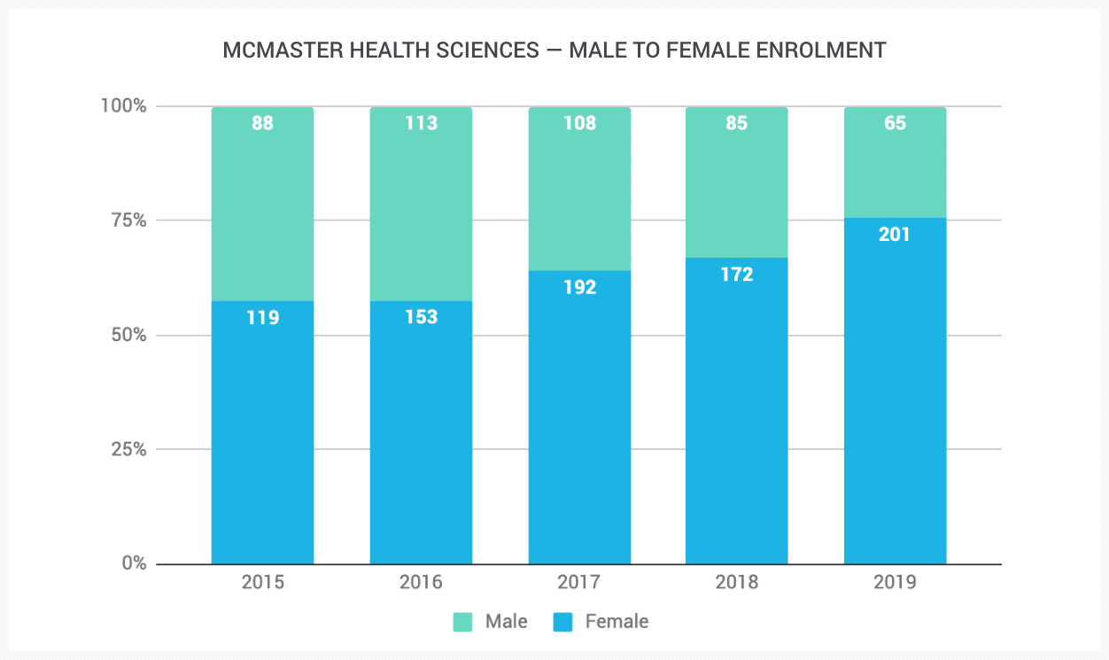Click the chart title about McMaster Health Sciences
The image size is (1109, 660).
[x=554, y=50]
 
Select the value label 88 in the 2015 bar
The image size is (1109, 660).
[x=262, y=123]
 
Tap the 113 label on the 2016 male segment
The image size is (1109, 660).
[x=421, y=123]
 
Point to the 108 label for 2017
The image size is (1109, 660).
[x=579, y=123]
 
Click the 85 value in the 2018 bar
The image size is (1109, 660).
[x=737, y=123]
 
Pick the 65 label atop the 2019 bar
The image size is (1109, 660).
[x=896, y=123]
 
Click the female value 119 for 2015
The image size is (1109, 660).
[x=262, y=317]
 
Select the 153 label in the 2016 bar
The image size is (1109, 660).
[x=421, y=317]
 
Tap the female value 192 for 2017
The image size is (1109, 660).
[x=579, y=287]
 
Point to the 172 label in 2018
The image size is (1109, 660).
[x=737, y=275]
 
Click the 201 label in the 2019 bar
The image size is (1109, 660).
[x=896, y=235]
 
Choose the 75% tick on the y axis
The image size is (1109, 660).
[x=128, y=221]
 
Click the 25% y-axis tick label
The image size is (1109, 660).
[x=128, y=449]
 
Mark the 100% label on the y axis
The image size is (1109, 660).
[x=123, y=106]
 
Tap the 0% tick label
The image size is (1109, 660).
[x=133, y=563]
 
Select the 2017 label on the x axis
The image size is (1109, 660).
[x=579, y=583]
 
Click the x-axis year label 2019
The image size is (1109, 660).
[x=896, y=583]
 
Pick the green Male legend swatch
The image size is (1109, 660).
[x=463, y=622]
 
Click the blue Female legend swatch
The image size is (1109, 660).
[x=563, y=622]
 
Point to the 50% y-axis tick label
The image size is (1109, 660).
[x=128, y=336]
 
